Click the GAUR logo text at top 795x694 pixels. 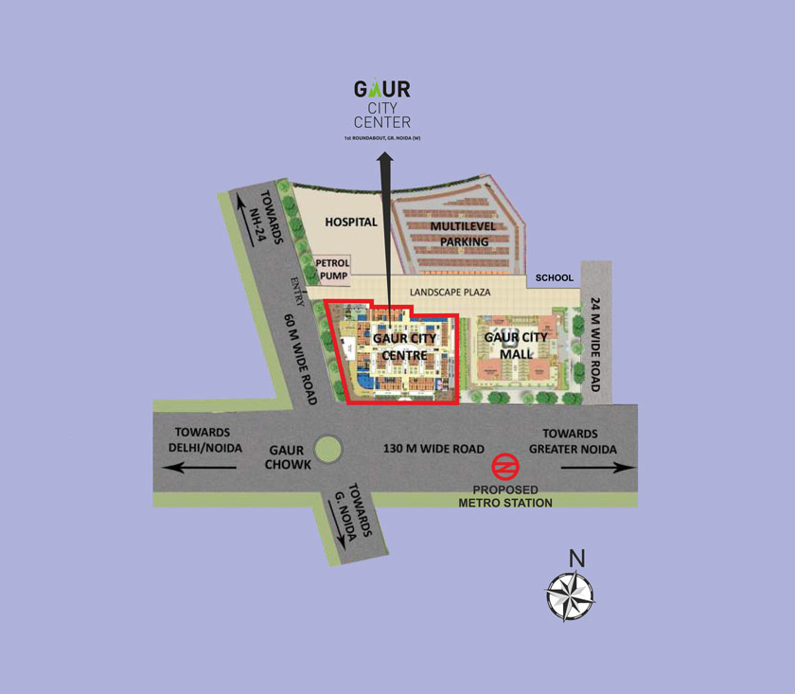pyautogui.click(x=382, y=89)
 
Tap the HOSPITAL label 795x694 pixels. pyautogui.click(x=351, y=222)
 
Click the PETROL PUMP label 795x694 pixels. pyautogui.click(x=332, y=270)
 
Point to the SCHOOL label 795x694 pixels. pyautogui.click(x=555, y=277)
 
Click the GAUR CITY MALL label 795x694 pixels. pyautogui.click(x=515, y=346)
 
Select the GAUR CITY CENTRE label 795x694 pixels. pyautogui.click(x=406, y=347)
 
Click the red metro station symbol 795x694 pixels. pyautogui.click(x=504, y=468)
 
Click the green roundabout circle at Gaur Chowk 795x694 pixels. pyautogui.click(x=329, y=449)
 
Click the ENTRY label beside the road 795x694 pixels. pyautogui.click(x=297, y=291)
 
